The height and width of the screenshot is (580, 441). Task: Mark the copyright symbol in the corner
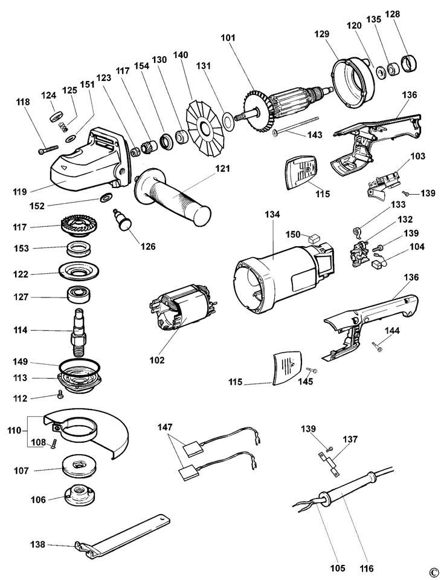(x=433, y=572)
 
